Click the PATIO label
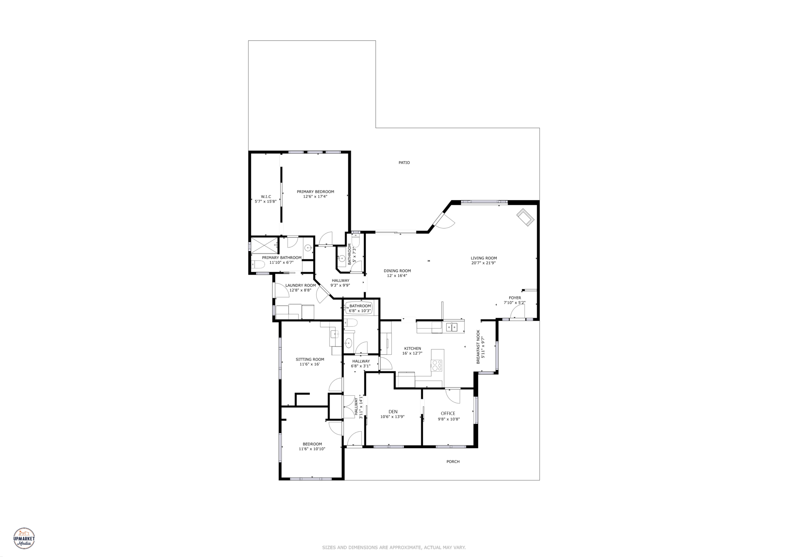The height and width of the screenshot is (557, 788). click(x=404, y=163)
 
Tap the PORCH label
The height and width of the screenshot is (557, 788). click(x=453, y=462)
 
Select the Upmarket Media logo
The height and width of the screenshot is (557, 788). click(x=24, y=538)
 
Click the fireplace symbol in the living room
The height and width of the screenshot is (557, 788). click(x=525, y=218)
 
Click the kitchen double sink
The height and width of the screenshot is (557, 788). click(x=452, y=327)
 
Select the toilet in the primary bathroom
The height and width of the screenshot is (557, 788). click(x=257, y=264)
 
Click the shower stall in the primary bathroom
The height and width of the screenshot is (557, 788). click(x=264, y=245)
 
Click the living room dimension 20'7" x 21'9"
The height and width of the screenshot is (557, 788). click(x=484, y=263)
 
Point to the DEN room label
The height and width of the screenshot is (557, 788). click(x=393, y=412)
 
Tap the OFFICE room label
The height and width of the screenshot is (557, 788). click(x=448, y=414)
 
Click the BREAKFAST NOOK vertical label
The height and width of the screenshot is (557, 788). click(x=478, y=347)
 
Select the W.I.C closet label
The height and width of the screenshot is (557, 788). click(x=266, y=197)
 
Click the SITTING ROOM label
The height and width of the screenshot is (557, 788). click(x=310, y=359)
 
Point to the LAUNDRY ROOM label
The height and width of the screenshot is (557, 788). click(x=301, y=285)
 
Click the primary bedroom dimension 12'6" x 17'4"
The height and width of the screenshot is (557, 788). click(x=315, y=197)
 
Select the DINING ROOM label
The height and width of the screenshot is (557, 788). click(x=397, y=271)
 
